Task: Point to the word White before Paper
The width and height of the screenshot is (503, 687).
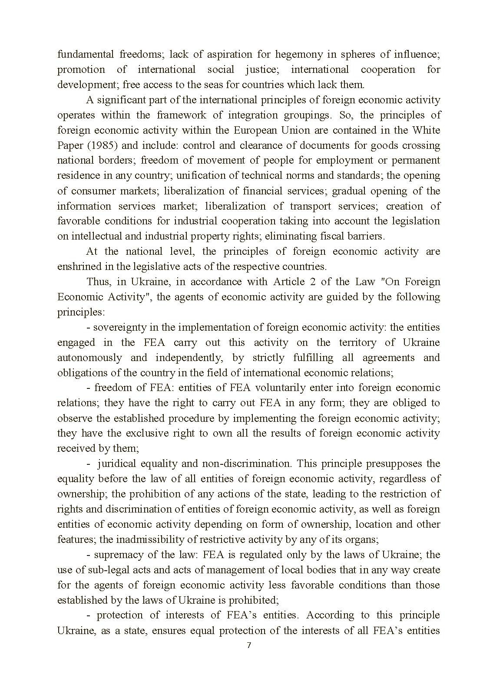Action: coord(426,130)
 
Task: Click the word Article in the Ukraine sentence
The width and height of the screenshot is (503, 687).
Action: coord(289,282)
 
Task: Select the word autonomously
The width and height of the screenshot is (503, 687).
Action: coord(90,358)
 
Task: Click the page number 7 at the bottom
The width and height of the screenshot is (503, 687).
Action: coord(249,645)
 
